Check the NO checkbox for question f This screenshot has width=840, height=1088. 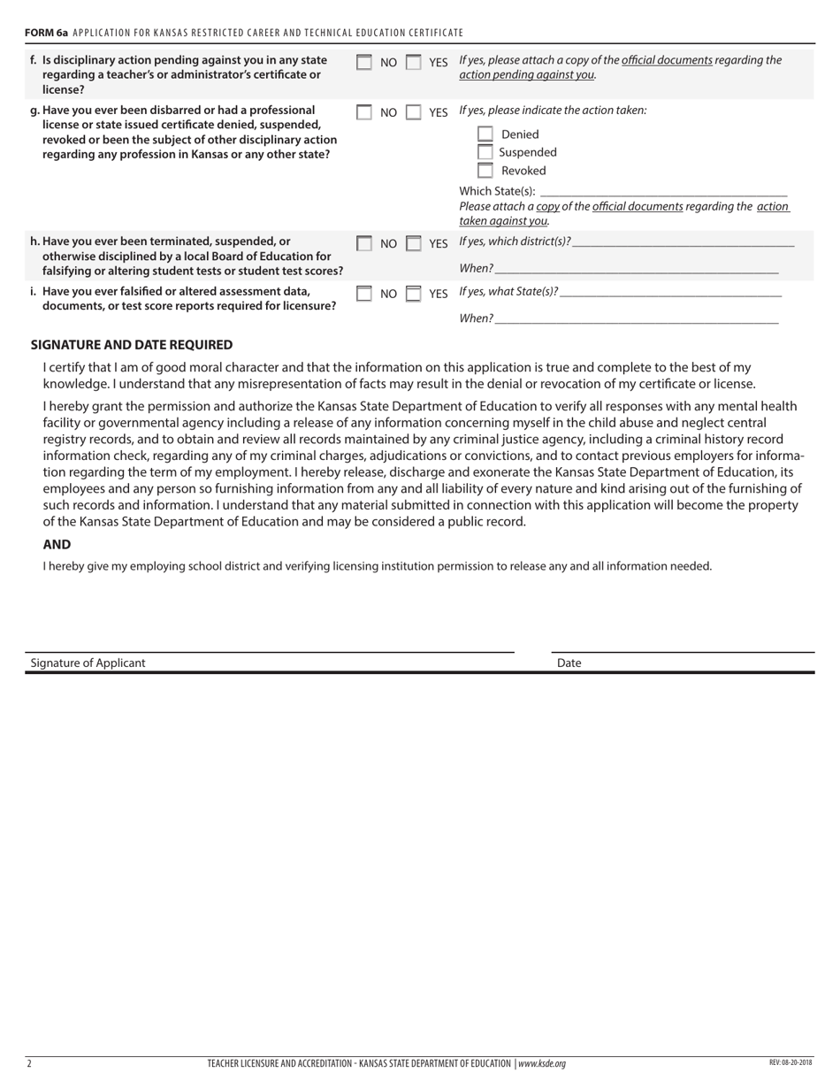pos(364,63)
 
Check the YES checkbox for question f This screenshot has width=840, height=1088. pos(413,63)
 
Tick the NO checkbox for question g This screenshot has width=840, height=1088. pos(364,112)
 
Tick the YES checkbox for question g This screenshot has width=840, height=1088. pos(413,112)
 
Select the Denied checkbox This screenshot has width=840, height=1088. pos(485,134)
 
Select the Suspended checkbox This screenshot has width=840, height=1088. pos(485,152)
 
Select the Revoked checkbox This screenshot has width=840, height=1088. pos(485,171)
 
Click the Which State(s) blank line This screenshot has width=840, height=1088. pos(663,192)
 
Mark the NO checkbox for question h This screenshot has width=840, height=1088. pos(364,243)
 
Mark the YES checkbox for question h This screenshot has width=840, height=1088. pos(413,243)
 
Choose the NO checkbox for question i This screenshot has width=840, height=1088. pos(364,294)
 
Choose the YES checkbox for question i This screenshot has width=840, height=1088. pos(413,294)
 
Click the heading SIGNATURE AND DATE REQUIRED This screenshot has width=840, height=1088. pos(132,345)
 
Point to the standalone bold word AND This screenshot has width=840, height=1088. pos(57,545)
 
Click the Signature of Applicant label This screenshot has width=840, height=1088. pos(88,663)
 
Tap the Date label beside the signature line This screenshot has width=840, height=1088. pos(569,663)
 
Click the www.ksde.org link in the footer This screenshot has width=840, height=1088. pos(541,1063)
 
